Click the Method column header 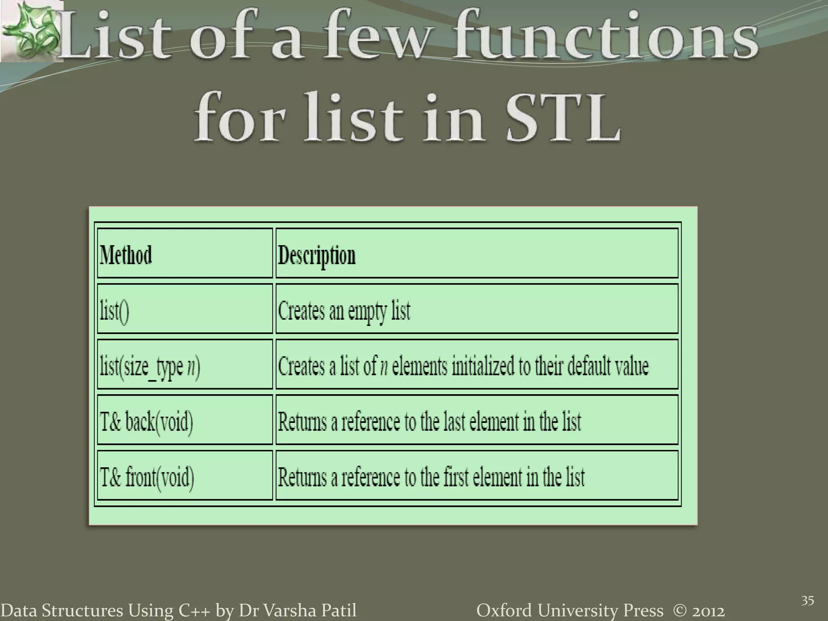click(x=126, y=255)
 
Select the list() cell click(x=114, y=311)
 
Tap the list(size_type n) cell click(x=150, y=366)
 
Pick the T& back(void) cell click(x=146, y=422)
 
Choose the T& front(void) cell click(x=147, y=477)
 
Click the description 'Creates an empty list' click(x=344, y=311)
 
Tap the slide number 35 click(x=807, y=600)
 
